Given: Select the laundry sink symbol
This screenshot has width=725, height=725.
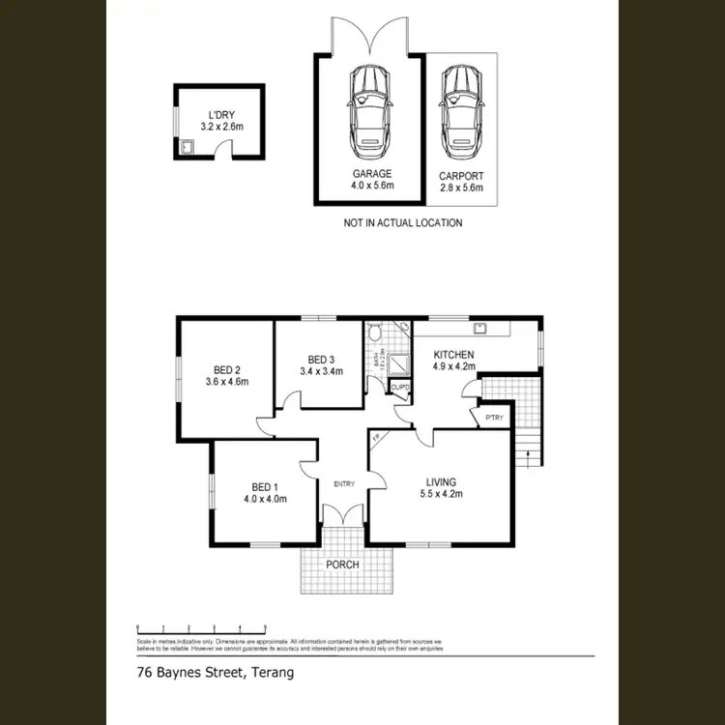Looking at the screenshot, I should pos(186,148).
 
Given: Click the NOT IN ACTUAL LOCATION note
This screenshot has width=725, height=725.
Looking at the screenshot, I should pos(403,223).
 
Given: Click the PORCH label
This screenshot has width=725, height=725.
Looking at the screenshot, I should pos(343,565).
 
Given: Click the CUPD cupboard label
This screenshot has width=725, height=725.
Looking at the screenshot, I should pos(399,388).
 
